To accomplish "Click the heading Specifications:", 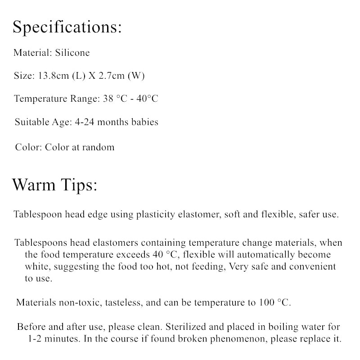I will tap(67, 27).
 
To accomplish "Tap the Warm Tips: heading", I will tap(54, 185).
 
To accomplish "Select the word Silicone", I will tap(72, 53).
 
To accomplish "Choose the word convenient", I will tap(311, 266).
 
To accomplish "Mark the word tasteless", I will tap(124, 302).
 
